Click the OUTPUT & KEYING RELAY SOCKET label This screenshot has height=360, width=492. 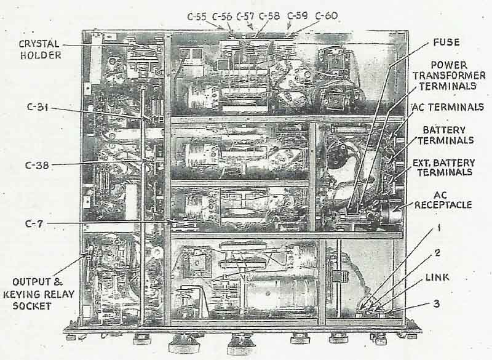38,298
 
